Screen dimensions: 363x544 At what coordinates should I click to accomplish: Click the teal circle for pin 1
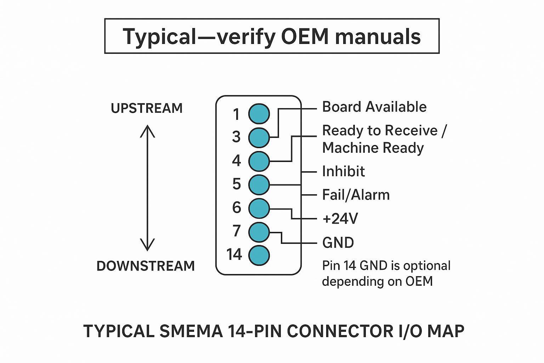(259, 114)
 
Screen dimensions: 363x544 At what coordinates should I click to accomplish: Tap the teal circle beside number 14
(259, 255)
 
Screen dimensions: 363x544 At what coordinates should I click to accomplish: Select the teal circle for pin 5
(259, 184)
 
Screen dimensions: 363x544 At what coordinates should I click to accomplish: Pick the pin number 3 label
(236, 137)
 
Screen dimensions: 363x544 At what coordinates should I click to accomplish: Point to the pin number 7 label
(237, 231)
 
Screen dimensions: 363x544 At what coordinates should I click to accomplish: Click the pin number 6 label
(237, 207)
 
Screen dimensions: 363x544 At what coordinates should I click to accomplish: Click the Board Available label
(374, 107)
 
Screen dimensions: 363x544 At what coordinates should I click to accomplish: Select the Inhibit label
(343, 172)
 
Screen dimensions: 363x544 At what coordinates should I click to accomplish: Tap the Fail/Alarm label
(356, 195)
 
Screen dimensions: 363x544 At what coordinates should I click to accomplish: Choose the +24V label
(340, 219)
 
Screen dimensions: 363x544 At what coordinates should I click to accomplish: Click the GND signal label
(338, 243)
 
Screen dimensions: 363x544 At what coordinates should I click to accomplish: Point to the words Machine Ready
(373, 148)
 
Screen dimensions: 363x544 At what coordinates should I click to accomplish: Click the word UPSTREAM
(147, 108)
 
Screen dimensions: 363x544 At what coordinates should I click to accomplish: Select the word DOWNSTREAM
(146, 266)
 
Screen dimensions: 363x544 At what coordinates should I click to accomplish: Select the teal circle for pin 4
(259, 161)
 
